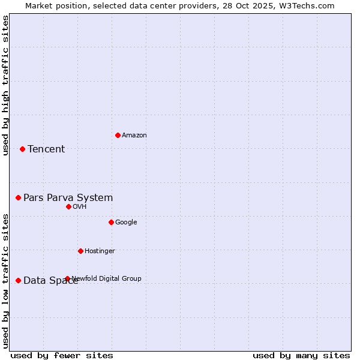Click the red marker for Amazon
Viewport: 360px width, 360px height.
(x=118, y=135)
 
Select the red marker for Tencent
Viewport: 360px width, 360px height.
(x=23, y=149)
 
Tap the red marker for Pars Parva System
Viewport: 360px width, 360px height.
(x=19, y=197)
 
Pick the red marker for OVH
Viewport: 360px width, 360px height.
(x=68, y=206)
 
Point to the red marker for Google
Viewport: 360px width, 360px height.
(x=111, y=222)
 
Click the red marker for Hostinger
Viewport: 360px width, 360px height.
(x=80, y=251)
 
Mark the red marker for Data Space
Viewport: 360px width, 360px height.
(x=19, y=280)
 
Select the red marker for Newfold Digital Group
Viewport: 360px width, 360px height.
(x=67, y=278)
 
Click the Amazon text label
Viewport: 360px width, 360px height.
(x=134, y=136)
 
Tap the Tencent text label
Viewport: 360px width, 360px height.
(x=46, y=149)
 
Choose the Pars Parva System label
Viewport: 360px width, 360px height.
(x=68, y=198)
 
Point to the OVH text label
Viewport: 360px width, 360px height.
(x=80, y=207)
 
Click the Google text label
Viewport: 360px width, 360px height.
(x=126, y=223)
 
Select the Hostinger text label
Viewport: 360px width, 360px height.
(x=100, y=251)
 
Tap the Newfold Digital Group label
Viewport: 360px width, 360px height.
(x=107, y=278)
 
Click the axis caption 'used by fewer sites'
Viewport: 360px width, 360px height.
(x=62, y=355)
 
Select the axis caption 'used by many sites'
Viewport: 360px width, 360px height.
(x=301, y=355)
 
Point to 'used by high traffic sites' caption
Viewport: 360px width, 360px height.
(x=5, y=85)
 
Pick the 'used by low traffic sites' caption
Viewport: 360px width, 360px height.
(x=5, y=281)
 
